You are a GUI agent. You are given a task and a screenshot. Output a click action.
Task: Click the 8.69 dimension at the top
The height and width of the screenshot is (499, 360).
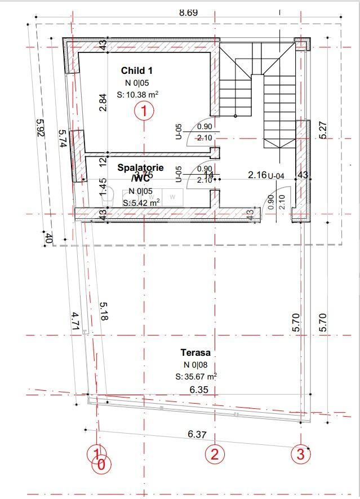[188, 12]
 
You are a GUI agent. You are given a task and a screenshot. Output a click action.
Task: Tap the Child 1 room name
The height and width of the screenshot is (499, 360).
[137, 70]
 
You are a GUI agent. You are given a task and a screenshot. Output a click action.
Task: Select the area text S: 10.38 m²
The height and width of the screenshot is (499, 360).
[137, 95]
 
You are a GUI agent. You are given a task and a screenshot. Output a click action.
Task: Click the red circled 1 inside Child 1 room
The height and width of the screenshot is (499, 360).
[144, 112]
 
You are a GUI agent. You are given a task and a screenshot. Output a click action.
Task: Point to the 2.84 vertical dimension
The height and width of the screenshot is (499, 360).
[103, 102]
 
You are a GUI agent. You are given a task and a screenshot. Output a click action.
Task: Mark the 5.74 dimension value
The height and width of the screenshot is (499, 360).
[63, 139]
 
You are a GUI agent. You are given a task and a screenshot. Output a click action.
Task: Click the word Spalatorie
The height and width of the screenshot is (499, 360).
[140, 167]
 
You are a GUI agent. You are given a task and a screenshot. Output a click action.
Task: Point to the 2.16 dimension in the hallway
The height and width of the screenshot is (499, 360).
[257, 175]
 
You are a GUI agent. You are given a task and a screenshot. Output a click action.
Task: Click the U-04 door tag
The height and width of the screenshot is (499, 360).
[276, 175]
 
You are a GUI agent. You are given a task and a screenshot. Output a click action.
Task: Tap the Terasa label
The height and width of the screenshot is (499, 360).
[192, 352]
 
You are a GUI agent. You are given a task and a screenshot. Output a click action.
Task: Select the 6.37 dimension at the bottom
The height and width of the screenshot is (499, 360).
[197, 434]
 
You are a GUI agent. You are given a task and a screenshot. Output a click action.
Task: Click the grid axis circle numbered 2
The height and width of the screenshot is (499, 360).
[214, 453]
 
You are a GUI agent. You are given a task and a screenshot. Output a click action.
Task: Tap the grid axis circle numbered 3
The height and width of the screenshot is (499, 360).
[300, 453]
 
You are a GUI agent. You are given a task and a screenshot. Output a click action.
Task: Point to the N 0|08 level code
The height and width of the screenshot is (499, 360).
[192, 365]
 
